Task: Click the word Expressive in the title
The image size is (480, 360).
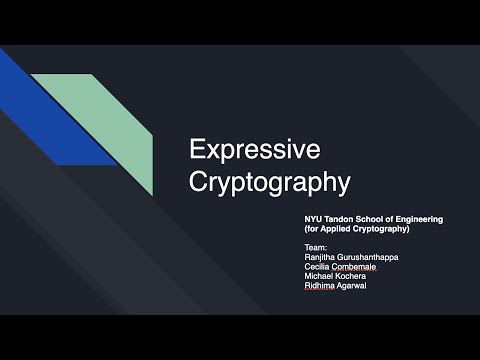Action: click(255, 150)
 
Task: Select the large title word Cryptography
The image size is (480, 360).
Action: click(270, 183)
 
